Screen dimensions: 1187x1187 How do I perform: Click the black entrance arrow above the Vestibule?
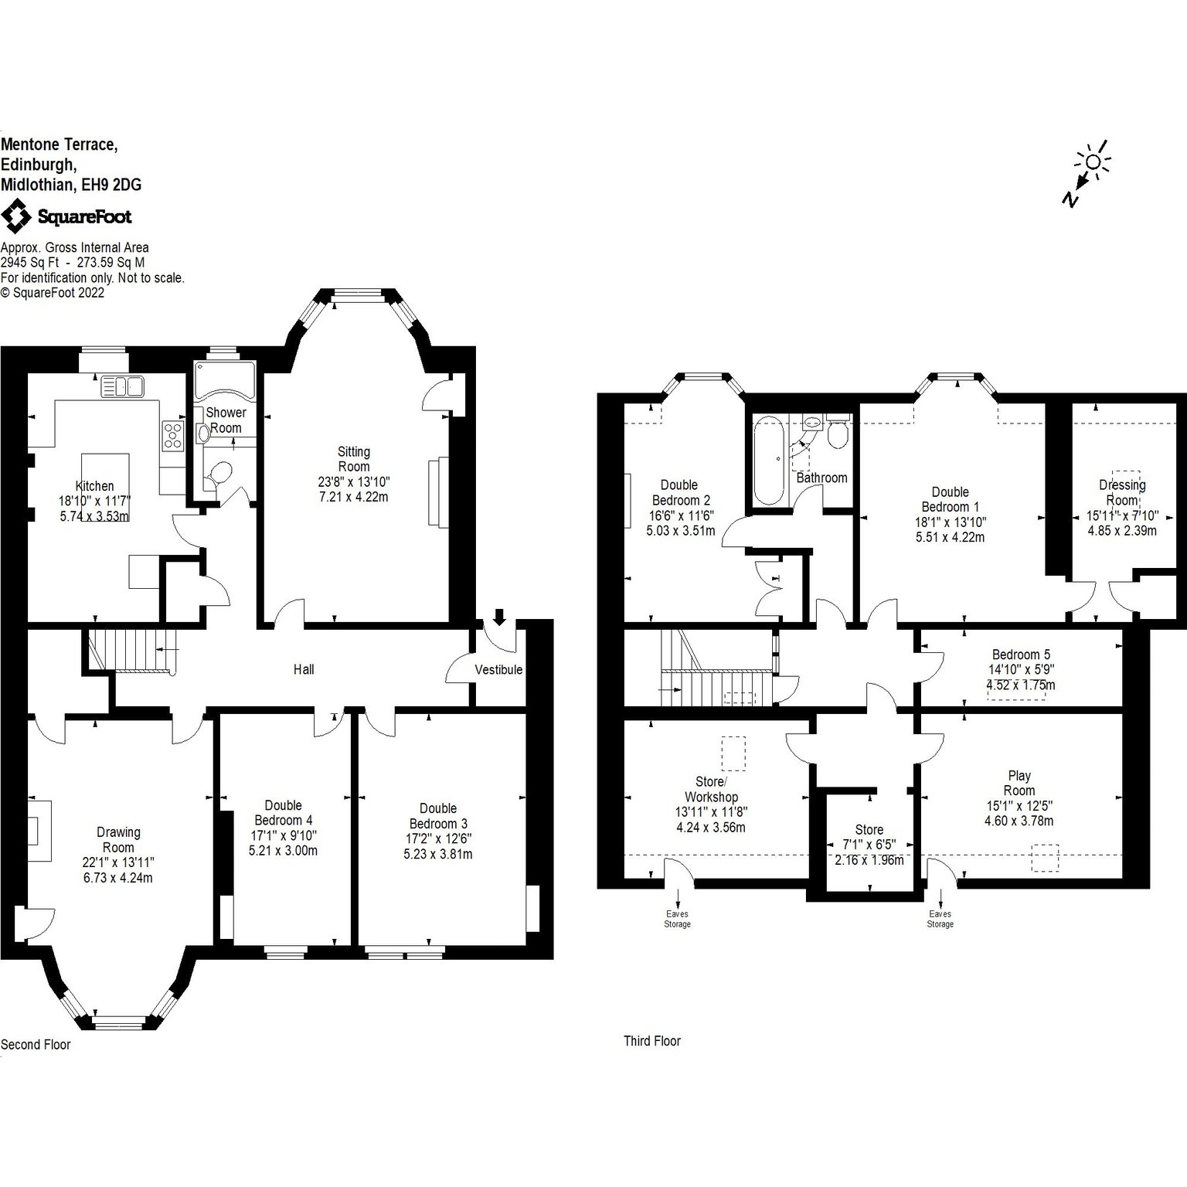click(x=499, y=617)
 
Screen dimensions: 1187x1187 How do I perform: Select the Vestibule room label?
click(x=498, y=669)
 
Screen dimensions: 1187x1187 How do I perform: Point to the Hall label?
click(x=304, y=669)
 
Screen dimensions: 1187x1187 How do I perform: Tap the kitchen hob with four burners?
click(x=172, y=436)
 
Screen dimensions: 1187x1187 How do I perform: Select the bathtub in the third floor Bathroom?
click(x=768, y=460)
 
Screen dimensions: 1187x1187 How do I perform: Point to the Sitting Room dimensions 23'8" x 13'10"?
click(x=354, y=481)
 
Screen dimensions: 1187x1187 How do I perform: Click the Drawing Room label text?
click(x=118, y=840)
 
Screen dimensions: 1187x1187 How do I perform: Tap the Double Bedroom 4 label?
click(x=284, y=812)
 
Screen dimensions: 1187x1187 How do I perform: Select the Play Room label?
click(x=1019, y=783)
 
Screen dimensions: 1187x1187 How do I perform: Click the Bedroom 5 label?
click(x=1021, y=655)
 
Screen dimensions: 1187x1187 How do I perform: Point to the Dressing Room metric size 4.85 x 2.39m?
click(x=1122, y=531)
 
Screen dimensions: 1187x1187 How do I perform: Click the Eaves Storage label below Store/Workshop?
click(x=678, y=919)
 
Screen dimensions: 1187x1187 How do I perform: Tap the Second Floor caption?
click(x=36, y=1045)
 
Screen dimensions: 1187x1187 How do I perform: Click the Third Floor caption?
click(x=652, y=1041)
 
